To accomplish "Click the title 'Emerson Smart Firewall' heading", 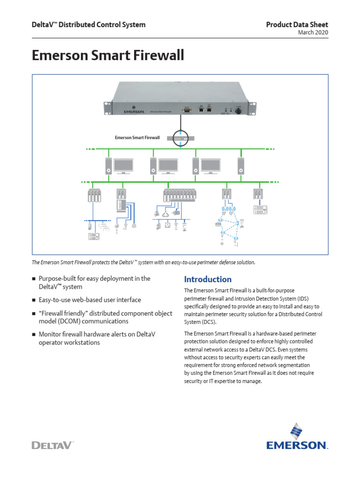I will click(108, 56).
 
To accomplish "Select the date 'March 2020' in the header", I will click(313, 32).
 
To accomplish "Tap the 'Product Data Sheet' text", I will click(297, 24).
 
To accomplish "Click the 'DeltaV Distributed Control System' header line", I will click(88, 24).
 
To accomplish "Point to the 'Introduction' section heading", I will click(208, 279).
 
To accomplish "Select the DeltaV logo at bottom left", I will click(52, 444).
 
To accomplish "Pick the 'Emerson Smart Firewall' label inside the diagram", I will click(137, 138).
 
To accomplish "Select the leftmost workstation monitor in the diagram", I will click(123, 166).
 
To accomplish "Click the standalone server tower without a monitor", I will click(241, 165).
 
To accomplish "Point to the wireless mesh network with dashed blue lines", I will click(229, 225).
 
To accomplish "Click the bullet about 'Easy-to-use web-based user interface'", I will click(90, 300).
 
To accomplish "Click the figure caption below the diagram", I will click(143, 262).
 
